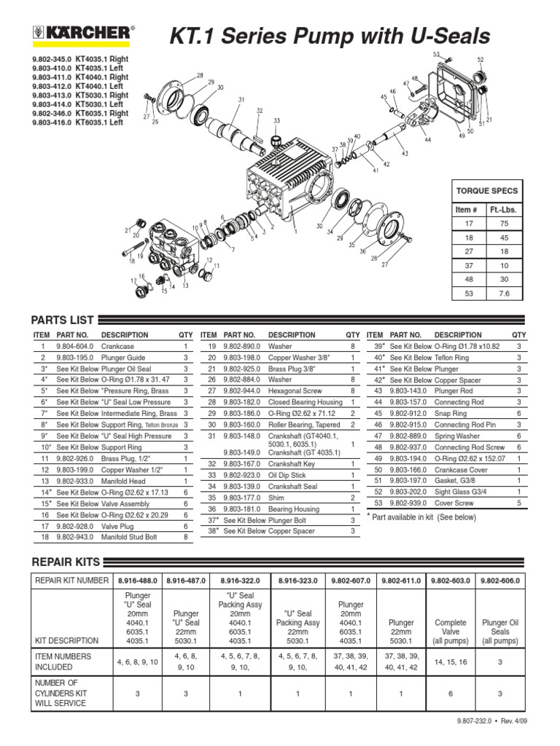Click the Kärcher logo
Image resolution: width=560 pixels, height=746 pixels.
(x=83, y=32)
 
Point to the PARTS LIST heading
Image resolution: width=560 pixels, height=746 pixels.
(x=62, y=320)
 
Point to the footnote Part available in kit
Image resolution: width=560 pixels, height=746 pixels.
(x=423, y=517)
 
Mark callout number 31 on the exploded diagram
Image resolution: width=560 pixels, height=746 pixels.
(x=241, y=100)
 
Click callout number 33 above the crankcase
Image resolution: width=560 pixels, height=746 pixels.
(x=276, y=121)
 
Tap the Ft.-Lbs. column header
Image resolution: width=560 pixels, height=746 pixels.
(x=503, y=210)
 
